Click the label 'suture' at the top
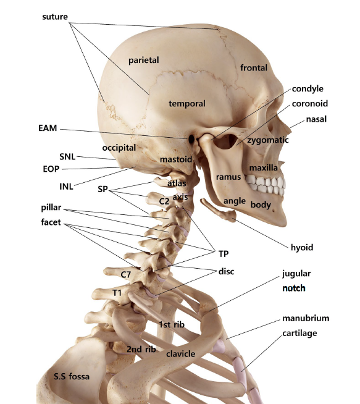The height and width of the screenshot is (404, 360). tap(55, 17)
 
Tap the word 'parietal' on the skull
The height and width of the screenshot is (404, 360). tap(144, 61)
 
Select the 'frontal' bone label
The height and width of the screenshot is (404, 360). tap(254, 68)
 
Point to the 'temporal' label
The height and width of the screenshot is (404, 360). tap(187, 104)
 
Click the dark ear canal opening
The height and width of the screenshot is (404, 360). tap(191, 139)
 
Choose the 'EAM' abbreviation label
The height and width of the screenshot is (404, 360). tap(48, 128)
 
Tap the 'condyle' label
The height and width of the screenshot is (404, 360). tap(308, 88)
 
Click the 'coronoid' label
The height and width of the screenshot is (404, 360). tap(310, 104)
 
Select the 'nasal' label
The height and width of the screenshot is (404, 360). tap(316, 119)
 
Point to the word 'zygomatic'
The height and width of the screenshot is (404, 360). tap(268, 140)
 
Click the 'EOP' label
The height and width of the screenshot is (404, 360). tap(51, 169)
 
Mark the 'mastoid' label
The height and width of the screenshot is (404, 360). tap(176, 159)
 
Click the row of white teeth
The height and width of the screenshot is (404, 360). tap(266, 185)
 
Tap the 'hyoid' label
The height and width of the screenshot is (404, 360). tap(302, 248)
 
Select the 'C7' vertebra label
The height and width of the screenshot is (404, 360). tap(126, 275)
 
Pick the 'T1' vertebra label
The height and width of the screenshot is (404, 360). tap(117, 293)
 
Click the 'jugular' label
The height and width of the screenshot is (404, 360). tap(296, 274)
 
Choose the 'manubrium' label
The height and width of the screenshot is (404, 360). tap(306, 318)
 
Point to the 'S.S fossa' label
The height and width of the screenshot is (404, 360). tap(72, 376)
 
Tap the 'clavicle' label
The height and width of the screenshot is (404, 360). tap(180, 354)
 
